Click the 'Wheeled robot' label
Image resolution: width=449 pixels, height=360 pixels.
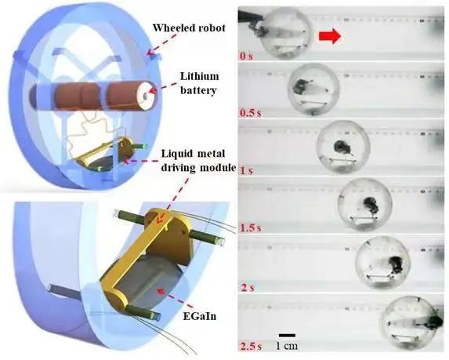click(x=189, y=28)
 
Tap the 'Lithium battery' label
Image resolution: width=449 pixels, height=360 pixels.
click(x=198, y=83)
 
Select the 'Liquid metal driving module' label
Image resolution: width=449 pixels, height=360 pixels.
click(x=198, y=160)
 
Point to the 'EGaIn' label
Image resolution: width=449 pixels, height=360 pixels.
click(x=200, y=316)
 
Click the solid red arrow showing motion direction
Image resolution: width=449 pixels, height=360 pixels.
click(x=330, y=38)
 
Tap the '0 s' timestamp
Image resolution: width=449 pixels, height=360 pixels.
click(x=247, y=56)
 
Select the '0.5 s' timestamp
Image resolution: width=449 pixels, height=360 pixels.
click(x=251, y=113)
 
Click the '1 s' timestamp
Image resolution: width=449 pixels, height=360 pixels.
click(x=247, y=171)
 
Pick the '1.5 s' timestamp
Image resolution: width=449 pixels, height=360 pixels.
click(x=251, y=228)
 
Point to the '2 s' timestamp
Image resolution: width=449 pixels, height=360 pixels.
click(x=247, y=287)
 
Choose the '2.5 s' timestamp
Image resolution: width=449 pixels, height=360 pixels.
click(x=251, y=346)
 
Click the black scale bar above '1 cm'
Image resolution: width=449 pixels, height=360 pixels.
click(x=287, y=335)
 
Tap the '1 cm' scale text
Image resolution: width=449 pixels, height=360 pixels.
click(x=287, y=346)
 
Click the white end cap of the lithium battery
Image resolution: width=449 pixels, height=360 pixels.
click(x=147, y=96)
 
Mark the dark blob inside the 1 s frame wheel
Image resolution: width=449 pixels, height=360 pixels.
click(x=342, y=146)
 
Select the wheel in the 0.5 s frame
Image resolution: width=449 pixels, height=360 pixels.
click(x=314, y=89)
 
